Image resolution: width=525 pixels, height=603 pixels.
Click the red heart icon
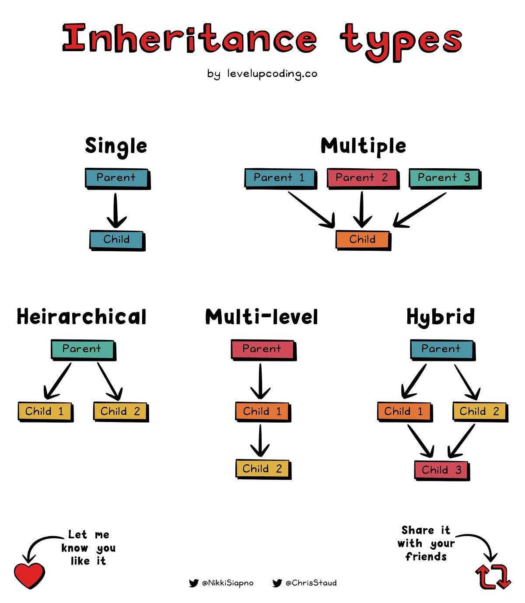pos(29,575)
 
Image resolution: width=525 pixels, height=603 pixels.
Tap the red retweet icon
pos(493,577)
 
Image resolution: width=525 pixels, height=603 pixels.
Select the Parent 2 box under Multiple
pos(362,178)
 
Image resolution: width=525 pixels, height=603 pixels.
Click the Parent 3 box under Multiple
pos(444,178)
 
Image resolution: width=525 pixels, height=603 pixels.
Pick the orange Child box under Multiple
pos(362,239)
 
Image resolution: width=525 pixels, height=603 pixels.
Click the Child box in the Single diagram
pos(116,239)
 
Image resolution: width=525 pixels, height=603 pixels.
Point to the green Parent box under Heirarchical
pos(82,349)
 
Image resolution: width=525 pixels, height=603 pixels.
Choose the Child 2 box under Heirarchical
pos(120,411)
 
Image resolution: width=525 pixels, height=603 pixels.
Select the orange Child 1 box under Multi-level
pos(262,411)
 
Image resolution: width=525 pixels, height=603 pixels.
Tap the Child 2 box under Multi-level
pos(262,469)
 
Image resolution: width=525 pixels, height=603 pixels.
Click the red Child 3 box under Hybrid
pos(441,470)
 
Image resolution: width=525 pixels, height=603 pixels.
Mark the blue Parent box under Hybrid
pos(441,349)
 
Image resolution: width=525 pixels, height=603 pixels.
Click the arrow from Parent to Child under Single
pos(116,211)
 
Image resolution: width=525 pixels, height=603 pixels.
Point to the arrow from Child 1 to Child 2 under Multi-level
pos(260,440)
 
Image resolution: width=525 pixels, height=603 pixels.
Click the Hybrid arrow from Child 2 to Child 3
pos(462,440)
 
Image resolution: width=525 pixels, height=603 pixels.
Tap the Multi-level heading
pos(262,317)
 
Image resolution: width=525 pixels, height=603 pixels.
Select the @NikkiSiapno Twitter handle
pos(227,583)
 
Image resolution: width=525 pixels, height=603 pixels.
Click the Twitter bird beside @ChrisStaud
pos(277,583)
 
